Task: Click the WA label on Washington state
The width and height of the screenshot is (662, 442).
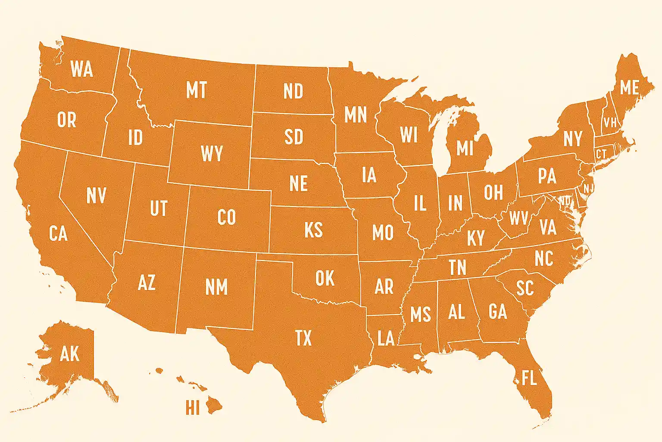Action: tap(81, 69)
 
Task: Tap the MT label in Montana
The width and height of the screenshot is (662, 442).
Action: tap(197, 90)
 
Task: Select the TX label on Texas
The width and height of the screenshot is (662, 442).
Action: tap(303, 338)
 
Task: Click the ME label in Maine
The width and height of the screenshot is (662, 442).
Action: tap(629, 88)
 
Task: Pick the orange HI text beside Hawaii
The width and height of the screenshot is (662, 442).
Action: tap(193, 407)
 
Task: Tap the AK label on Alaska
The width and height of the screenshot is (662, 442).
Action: tap(70, 354)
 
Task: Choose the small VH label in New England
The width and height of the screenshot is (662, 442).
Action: tap(610, 123)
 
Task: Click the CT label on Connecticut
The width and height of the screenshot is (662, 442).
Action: tap(601, 154)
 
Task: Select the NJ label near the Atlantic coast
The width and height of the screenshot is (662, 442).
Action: tap(588, 189)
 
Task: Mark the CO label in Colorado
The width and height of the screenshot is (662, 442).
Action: tap(227, 218)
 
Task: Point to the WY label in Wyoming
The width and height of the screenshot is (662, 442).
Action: tap(212, 154)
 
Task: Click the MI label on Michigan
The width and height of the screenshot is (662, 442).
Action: tap(465, 148)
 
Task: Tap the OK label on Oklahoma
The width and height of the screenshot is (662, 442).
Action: tap(325, 279)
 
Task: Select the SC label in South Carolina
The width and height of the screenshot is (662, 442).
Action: tap(525, 288)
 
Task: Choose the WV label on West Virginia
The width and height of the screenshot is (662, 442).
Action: tap(518, 218)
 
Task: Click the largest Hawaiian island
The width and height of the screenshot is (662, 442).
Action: tap(213, 405)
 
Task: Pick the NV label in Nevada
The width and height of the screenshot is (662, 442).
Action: tap(96, 196)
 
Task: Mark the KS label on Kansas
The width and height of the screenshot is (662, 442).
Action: tap(313, 230)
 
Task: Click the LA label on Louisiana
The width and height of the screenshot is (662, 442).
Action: tap(386, 338)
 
